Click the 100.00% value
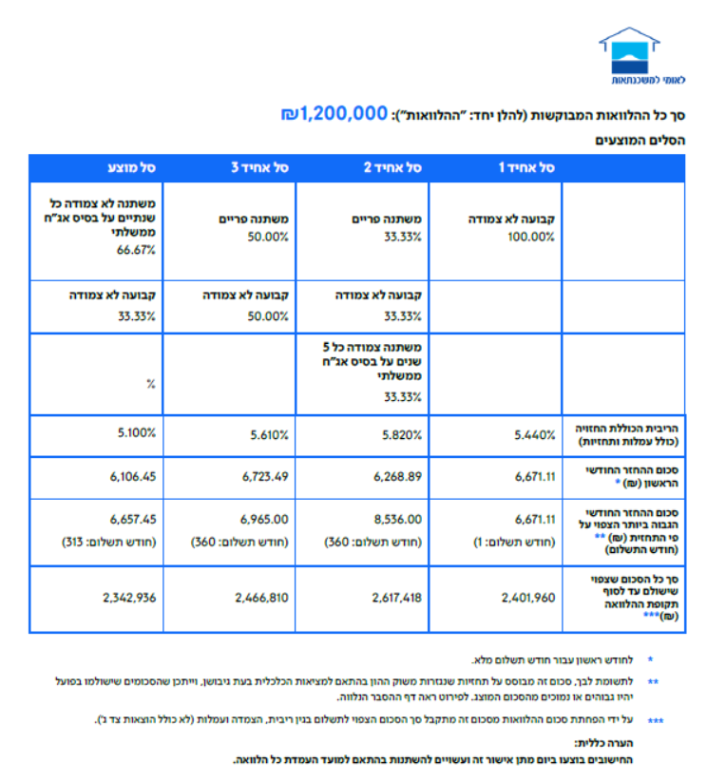click(531, 237)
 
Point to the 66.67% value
click(138, 250)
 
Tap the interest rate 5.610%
click(269, 435)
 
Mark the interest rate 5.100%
click(137, 434)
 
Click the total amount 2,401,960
click(528, 598)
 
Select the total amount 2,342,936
click(130, 598)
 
